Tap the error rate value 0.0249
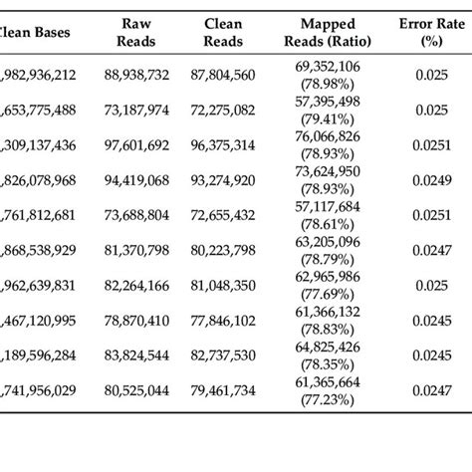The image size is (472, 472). [426, 183]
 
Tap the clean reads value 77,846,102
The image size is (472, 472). [222, 323]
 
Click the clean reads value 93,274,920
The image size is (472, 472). [222, 179]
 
